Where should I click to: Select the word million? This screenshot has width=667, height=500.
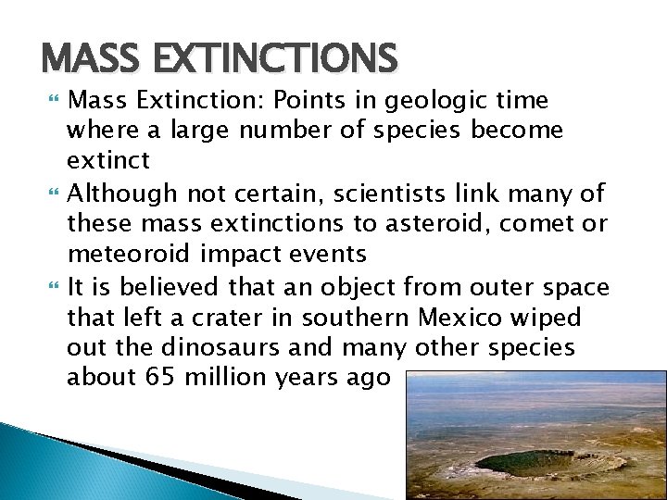click(215, 378)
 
